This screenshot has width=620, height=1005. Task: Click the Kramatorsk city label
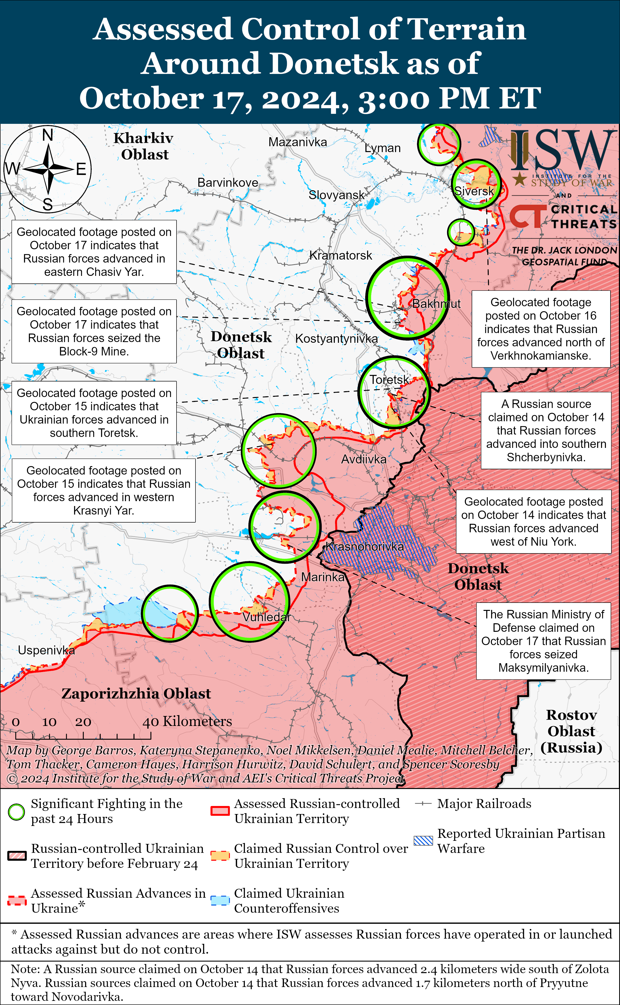(x=340, y=255)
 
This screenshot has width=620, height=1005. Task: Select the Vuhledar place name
(x=266, y=617)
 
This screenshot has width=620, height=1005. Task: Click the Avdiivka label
(x=364, y=459)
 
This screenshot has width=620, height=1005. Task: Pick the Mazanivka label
(x=298, y=142)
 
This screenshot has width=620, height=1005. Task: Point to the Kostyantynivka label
(x=336, y=339)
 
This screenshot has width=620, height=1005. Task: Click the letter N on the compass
(x=48, y=135)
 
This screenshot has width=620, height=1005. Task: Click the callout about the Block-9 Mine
(x=94, y=331)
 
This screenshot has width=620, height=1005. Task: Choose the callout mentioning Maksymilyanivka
(x=543, y=641)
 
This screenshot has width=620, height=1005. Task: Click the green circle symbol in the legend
(x=16, y=812)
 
